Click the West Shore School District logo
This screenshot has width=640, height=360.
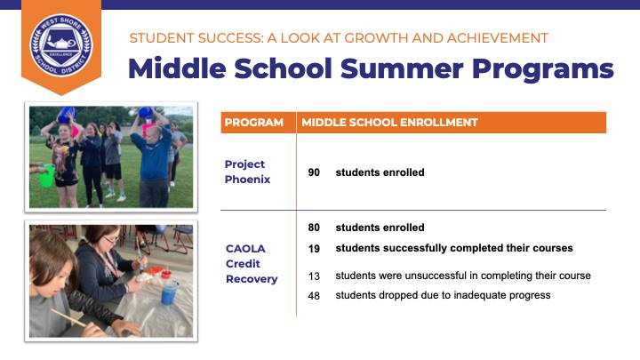coord(61,45)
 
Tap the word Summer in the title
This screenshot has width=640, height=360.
coord(402,68)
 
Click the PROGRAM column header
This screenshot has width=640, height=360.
coord(254,123)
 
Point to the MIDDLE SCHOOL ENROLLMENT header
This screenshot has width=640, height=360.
coord(389,123)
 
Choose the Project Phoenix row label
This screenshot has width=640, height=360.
coord(247,172)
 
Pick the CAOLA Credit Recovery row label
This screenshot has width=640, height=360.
coord(252,264)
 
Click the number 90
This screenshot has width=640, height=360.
coord(314,172)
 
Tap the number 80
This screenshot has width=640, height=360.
coord(314,228)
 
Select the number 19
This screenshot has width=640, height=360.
coord(314,249)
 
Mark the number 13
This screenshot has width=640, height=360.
coord(314,276)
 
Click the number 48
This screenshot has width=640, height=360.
coord(314,295)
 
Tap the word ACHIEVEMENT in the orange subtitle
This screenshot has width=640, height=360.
coord(498,38)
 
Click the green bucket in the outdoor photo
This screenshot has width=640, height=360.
coord(45,175)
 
